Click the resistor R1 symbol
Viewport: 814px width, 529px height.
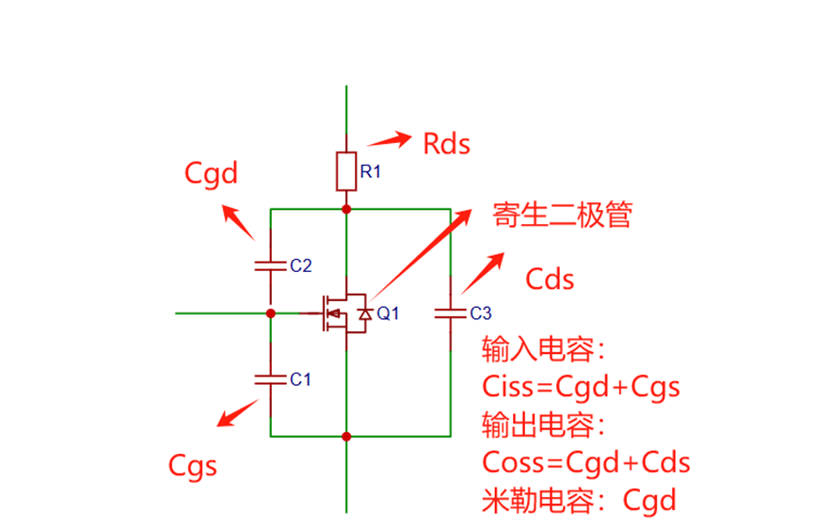click(x=346, y=170)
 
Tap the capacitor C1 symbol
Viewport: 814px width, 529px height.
click(x=270, y=378)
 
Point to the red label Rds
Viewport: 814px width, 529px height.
click(x=446, y=144)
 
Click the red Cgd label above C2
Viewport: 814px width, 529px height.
click(x=211, y=173)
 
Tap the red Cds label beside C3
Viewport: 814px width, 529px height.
click(x=550, y=280)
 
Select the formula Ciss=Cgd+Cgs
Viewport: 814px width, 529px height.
click(x=581, y=387)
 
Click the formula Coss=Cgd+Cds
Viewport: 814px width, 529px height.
click(x=586, y=462)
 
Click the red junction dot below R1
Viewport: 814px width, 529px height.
click(x=346, y=209)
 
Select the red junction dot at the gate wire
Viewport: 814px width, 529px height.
click(x=270, y=313)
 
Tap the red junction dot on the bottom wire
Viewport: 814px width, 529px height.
click(x=346, y=436)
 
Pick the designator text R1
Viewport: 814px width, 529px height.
click(x=370, y=172)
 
